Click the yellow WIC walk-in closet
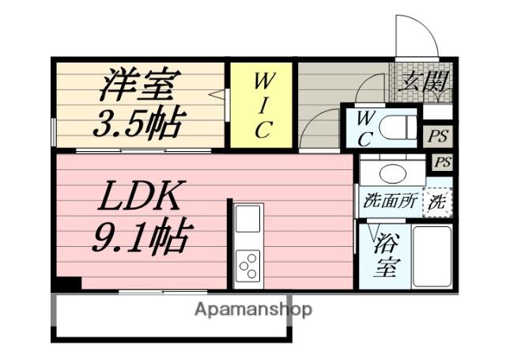click(262, 104)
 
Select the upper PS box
click(439, 135)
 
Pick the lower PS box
click(444, 162)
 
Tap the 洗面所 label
click(390, 200)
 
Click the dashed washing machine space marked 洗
click(436, 201)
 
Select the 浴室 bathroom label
click(385, 255)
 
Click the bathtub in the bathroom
click(431, 257)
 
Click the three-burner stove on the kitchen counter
click(248, 263)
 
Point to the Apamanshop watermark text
click(253, 309)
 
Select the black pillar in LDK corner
click(69, 283)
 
